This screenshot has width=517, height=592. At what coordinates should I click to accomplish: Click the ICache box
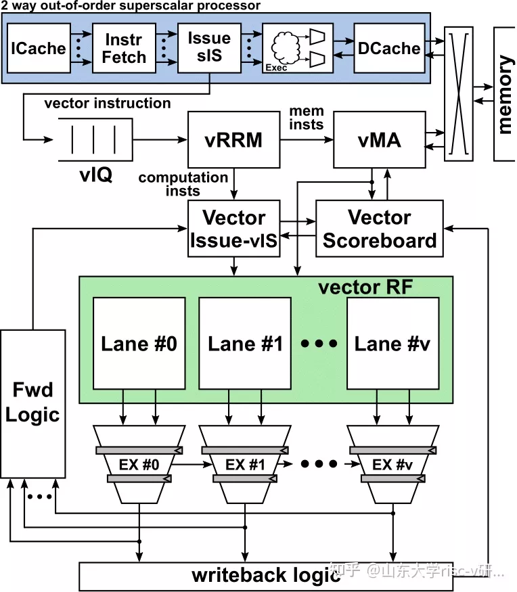pos(37,48)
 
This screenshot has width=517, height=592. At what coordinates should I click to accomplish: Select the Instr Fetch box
pos(124,48)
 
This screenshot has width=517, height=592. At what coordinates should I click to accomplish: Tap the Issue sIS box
pos(209,48)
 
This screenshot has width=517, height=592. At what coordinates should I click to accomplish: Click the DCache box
pos(388,48)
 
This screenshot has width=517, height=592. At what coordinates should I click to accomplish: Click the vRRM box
pos(233,140)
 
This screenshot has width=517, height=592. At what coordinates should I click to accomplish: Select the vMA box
pos(380,140)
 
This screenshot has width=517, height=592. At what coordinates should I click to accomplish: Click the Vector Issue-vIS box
pos(234,228)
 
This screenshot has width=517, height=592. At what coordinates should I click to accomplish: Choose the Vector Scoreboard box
pos(379,228)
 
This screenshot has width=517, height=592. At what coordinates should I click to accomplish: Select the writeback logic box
pos(266,575)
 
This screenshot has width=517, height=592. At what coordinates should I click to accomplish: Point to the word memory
pos(505,95)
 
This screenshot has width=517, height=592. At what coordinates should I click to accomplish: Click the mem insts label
pos(307,117)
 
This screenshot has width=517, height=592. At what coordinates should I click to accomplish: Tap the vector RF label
pos(365,287)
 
